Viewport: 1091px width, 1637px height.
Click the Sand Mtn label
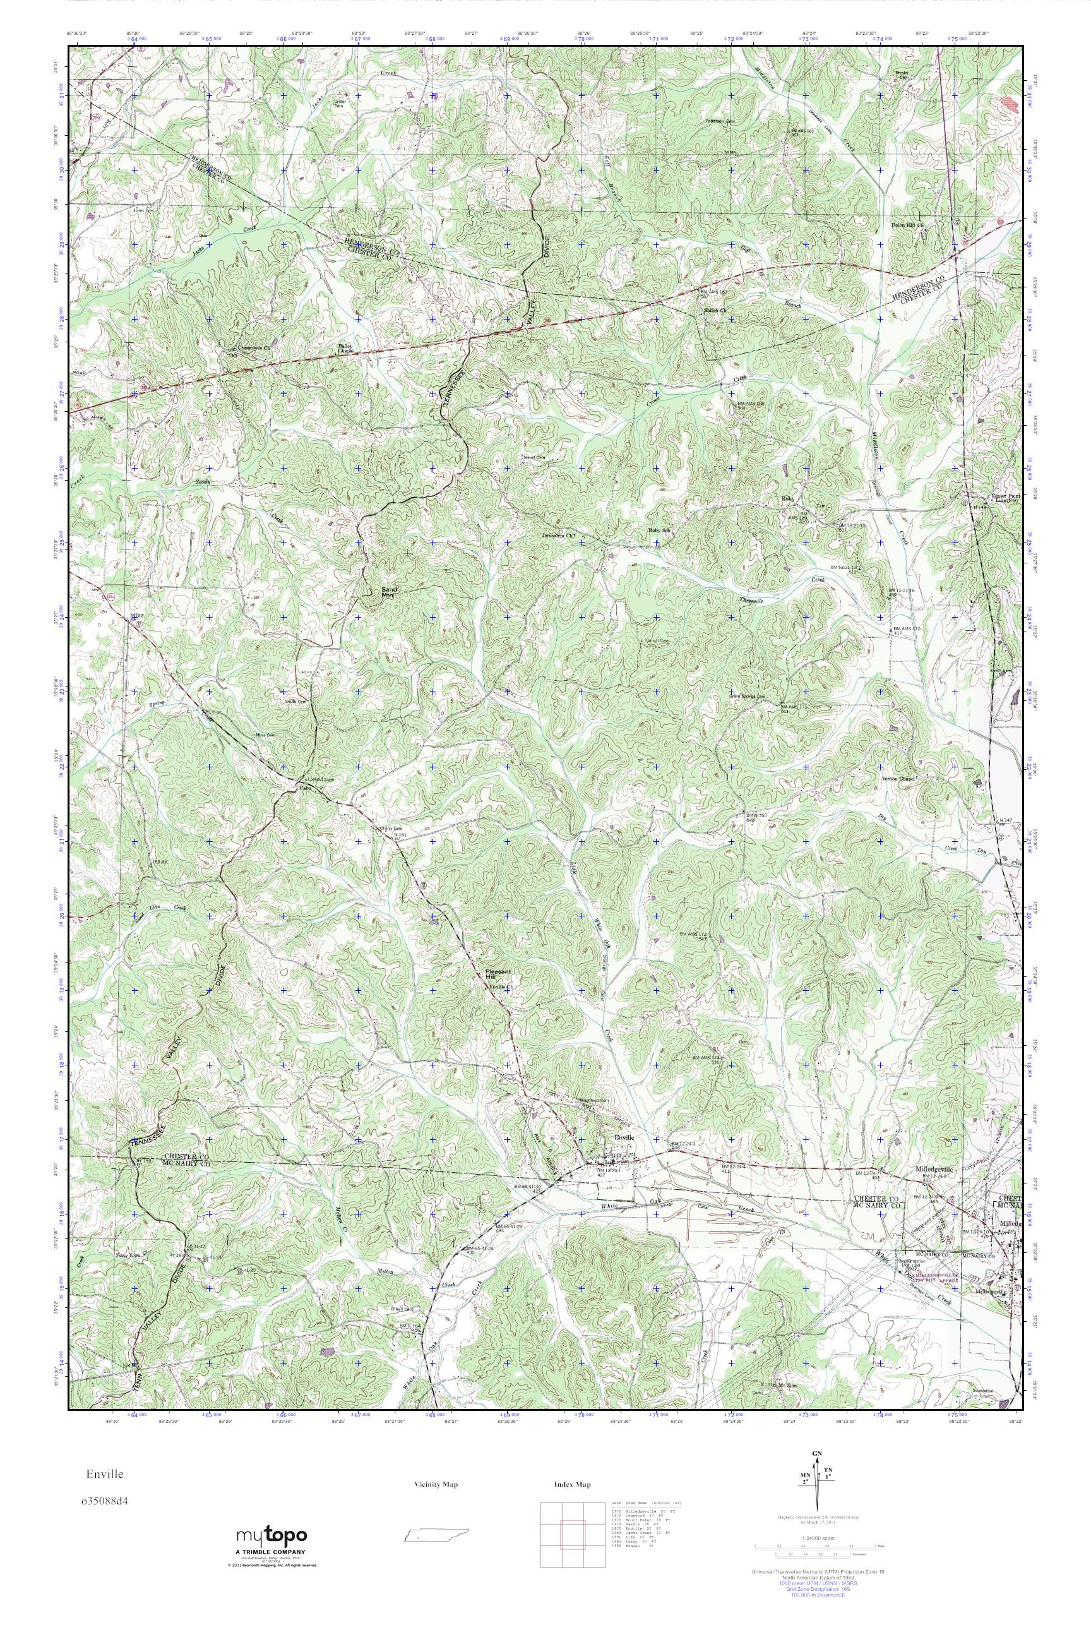[x=388, y=592]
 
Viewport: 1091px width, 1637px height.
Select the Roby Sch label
[x=659, y=531]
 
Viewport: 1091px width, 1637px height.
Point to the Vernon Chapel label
[x=900, y=778]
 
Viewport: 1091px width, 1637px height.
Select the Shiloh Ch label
[x=715, y=309]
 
